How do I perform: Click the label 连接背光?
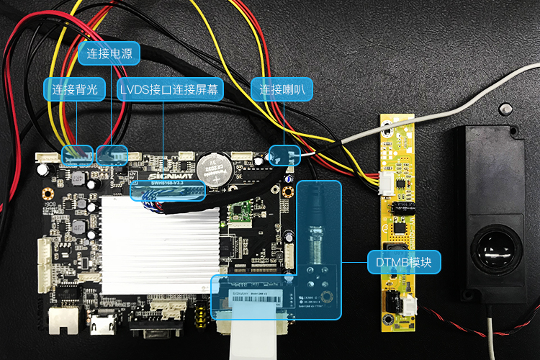point(75,89)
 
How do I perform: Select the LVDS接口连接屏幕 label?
point(169,89)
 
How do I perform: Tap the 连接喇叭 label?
point(282,89)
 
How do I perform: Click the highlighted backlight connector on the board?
point(76,153)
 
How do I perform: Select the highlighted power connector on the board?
point(112,153)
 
